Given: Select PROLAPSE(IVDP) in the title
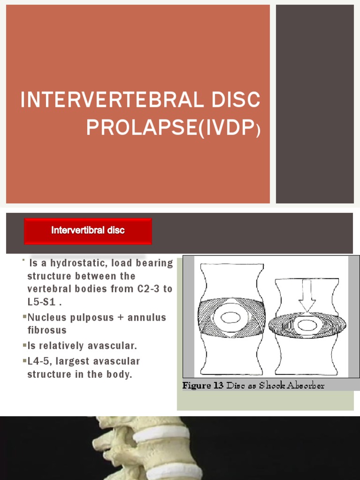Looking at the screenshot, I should point(172,127).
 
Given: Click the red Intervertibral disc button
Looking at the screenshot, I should point(88,231).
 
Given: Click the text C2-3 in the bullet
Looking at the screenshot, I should point(149,289).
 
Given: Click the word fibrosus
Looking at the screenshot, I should point(47,330).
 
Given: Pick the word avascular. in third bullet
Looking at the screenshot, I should point(113,346).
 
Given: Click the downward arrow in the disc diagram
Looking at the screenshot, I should point(308,296).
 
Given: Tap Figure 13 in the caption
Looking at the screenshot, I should point(203,386).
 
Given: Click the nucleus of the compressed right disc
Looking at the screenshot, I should point(307,324).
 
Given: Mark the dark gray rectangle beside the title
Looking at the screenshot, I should point(315,104).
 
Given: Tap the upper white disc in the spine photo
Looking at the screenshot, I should point(161,434).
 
